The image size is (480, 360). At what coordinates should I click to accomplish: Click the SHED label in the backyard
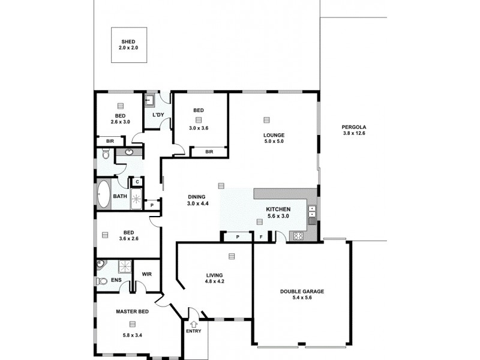128,41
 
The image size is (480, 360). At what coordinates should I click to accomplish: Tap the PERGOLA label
353,127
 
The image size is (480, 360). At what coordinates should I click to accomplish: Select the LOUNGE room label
274,135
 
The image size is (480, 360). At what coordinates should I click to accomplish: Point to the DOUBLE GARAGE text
302,292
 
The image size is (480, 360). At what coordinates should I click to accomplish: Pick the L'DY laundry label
158,115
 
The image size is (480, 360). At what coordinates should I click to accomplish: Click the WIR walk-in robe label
146,274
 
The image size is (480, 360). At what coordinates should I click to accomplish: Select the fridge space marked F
261,238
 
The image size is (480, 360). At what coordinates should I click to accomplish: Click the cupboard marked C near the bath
137,182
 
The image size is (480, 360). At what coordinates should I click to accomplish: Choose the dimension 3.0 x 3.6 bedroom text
199,128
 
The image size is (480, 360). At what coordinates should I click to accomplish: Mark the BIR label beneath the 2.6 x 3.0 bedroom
110,141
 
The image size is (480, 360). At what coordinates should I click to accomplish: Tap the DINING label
196,197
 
